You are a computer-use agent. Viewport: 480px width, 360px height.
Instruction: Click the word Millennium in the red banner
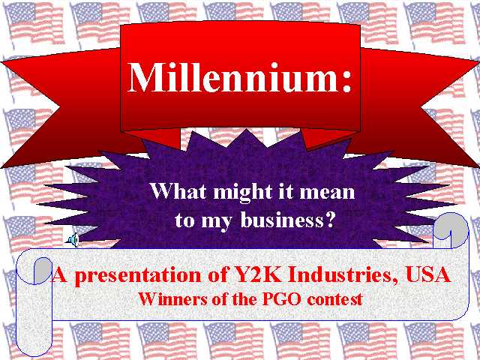232,77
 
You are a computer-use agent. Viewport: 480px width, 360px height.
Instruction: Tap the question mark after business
330,219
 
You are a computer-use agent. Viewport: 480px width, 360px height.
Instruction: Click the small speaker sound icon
73,239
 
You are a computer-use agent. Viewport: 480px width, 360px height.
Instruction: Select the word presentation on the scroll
138,276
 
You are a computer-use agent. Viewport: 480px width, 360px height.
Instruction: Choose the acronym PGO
281,298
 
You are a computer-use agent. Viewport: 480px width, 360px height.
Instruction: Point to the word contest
334,299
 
